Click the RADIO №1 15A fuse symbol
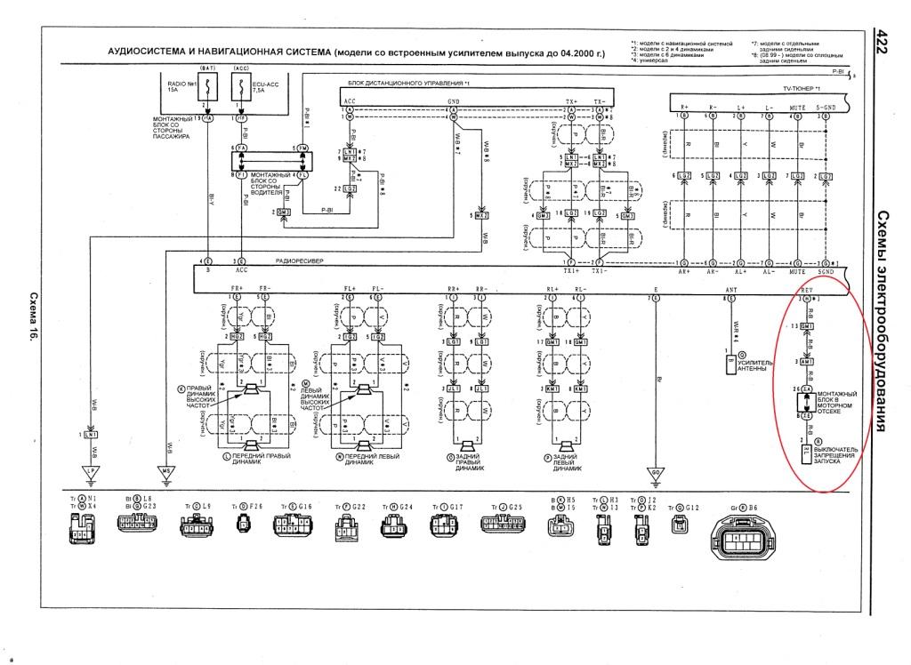click(207, 88)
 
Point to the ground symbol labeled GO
click(656, 473)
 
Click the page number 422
click(883, 41)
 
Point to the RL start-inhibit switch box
click(806, 453)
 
